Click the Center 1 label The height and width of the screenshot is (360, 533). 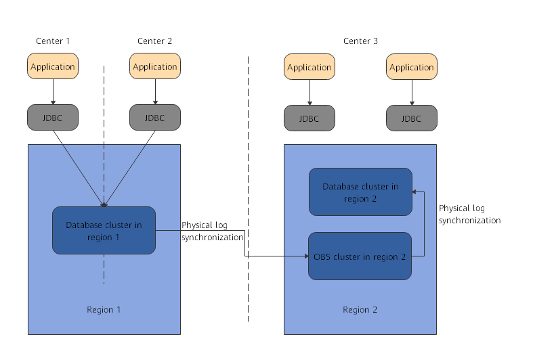[x=53, y=41]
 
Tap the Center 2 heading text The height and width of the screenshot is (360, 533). [x=155, y=41]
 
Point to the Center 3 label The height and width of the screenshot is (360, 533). [x=360, y=41]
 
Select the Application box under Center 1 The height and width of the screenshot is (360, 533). [x=53, y=66]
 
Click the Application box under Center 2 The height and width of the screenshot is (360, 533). [x=155, y=66]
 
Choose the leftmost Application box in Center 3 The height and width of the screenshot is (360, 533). [x=310, y=67]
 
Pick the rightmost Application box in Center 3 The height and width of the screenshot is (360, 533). [x=412, y=67]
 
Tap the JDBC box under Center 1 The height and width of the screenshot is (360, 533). [x=53, y=118]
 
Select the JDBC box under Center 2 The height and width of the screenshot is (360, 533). [x=155, y=118]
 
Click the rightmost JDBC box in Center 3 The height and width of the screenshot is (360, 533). [x=412, y=118]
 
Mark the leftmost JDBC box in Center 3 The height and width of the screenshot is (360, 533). [x=310, y=118]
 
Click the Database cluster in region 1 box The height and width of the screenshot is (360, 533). [x=104, y=231]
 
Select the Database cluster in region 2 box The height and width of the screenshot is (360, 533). [x=360, y=192]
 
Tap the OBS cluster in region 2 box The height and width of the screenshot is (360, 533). [x=360, y=256]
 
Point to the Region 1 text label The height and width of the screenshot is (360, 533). [x=104, y=310]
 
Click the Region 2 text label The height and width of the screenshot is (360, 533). [x=360, y=310]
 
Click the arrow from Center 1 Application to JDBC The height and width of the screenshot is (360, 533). [x=53, y=91]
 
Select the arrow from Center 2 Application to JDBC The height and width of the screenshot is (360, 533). [x=155, y=91]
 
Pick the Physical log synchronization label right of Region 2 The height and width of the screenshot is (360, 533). [x=469, y=215]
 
